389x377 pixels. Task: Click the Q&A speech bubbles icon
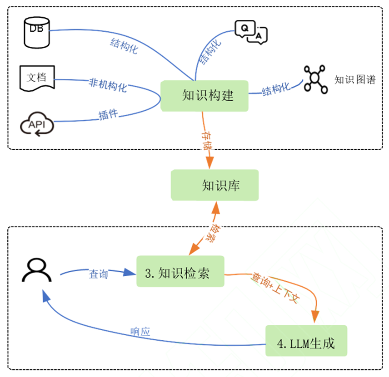click(251, 31)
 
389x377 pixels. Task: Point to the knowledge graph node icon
click(315, 79)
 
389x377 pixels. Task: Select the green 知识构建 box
click(204, 96)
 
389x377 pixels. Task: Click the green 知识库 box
click(215, 185)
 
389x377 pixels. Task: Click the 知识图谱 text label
click(355, 80)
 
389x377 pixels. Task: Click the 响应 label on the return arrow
click(140, 332)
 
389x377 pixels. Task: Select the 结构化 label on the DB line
click(124, 46)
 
